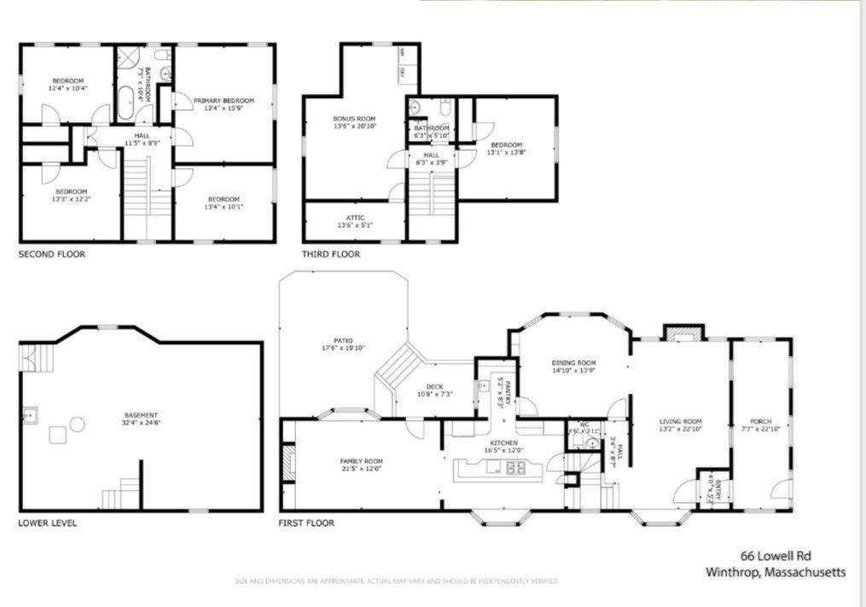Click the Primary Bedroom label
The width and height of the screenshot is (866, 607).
pos(224,101)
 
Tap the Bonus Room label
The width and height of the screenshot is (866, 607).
pos(354,119)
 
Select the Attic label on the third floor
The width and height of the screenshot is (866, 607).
pos(354,218)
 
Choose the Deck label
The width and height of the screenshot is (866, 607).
pos(434,387)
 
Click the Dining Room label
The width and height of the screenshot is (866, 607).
pos(572,363)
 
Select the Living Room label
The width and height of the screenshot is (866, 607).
pos(680,421)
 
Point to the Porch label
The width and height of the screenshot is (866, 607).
pos(760,421)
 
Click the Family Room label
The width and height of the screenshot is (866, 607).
pos(361,461)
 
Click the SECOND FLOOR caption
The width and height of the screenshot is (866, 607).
pos(52,254)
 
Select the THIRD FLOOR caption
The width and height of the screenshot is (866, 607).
pos(330,254)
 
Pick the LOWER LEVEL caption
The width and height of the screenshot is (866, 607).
pos(48,522)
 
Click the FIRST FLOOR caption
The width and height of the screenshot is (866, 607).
pos(306,522)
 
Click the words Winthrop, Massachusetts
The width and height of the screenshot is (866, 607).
pos(776,572)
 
